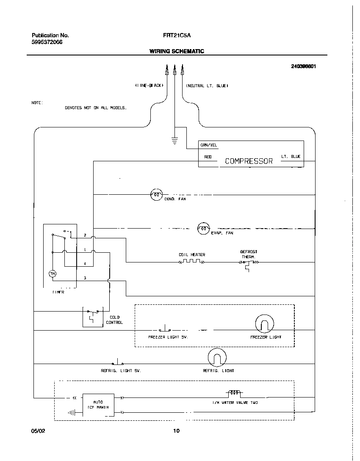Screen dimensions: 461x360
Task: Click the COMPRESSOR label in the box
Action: [249, 161]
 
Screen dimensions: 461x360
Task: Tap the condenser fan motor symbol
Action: [157, 194]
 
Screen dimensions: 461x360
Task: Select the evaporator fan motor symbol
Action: [204, 229]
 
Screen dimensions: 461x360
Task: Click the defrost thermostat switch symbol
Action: [249, 263]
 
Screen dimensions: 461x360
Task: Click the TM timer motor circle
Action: [53, 274]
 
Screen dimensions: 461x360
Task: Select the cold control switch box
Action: [93, 315]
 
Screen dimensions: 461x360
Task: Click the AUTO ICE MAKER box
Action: [98, 404]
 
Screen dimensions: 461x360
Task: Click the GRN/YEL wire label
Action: [208, 145]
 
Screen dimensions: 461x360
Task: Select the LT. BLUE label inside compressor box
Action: [291, 157]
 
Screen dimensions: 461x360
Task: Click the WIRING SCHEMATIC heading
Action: [177, 51]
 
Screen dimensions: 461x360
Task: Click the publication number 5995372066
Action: [47, 42]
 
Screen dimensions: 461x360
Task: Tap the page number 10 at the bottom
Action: [176, 431]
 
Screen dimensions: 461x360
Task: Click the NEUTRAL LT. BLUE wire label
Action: [207, 86]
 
